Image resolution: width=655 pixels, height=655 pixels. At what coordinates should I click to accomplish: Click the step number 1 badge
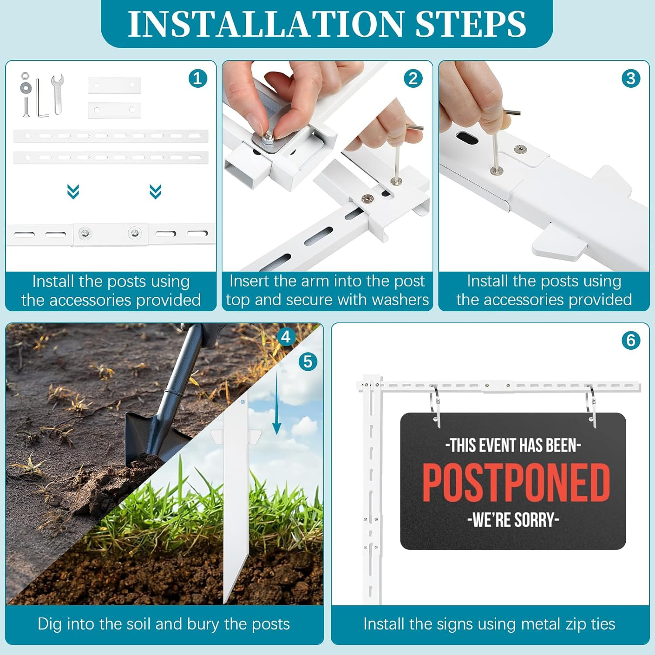[198, 79]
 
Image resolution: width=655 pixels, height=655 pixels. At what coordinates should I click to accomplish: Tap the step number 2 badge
[413, 79]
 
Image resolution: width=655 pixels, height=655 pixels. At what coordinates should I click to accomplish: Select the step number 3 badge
[631, 79]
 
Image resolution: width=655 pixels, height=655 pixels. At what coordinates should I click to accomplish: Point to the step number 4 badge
[286, 337]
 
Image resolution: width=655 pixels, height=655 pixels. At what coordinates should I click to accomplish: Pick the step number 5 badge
[308, 362]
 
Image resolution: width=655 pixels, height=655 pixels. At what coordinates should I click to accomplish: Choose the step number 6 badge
[631, 340]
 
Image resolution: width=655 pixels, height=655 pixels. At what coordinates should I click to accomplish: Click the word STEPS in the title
[471, 24]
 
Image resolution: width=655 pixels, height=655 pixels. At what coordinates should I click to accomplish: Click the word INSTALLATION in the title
[266, 24]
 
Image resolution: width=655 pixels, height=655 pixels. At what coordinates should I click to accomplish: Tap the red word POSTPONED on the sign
[516, 483]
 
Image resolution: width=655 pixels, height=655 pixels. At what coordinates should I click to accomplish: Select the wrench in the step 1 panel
[57, 93]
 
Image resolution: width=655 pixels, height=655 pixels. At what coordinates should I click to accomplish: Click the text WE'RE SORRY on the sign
[513, 520]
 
